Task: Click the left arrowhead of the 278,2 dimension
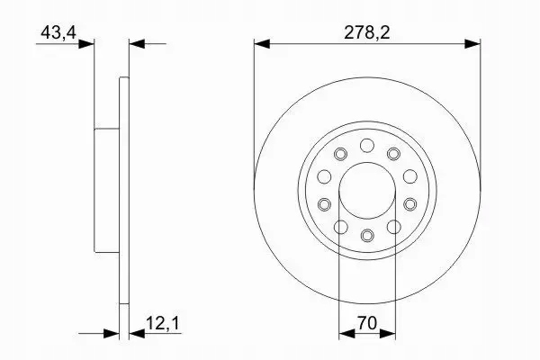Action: coord(261,42)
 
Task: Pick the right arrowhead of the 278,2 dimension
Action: coord(472,42)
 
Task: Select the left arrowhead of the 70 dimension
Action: coord(344,332)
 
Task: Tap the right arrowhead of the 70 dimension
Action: coord(390,332)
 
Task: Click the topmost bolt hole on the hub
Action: coord(366,146)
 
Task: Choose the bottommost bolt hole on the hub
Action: coord(366,236)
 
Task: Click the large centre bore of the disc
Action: coord(366,191)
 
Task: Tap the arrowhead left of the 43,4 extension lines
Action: coord(87,42)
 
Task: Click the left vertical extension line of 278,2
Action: coord(255,108)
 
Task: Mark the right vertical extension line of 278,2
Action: coord(479,108)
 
